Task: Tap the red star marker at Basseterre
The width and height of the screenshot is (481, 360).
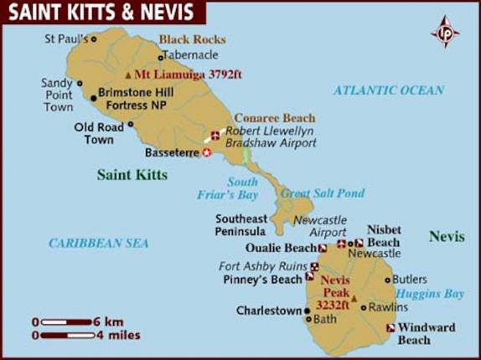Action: coord(208,152)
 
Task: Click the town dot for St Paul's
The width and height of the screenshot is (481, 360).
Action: coord(93,39)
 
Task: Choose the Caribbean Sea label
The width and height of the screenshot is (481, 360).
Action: coord(98,243)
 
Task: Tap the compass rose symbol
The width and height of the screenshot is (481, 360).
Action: coord(444,32)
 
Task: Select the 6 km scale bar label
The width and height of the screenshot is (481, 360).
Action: coord(110,321)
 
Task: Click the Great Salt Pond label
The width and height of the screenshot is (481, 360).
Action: coord(323,193)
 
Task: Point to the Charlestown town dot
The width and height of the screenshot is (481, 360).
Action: coord(308,311)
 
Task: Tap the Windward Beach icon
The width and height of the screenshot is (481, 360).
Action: coord(390,328)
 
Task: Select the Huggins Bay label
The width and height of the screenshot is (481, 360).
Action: coord(429,294)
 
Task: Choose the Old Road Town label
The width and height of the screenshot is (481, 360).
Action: coord(94,133)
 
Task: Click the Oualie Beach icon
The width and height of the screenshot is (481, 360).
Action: coord(323,249)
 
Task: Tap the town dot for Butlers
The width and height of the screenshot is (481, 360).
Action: coord(387,280)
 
